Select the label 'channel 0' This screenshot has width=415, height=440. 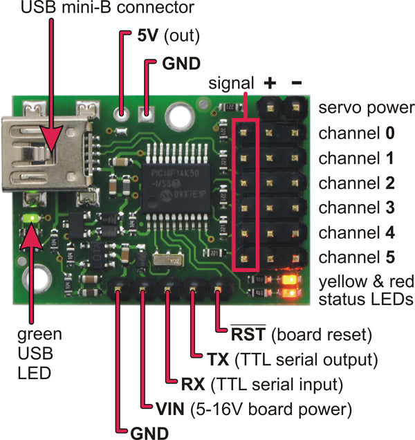[x=356, y=133]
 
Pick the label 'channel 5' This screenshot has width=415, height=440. [x=356, y=257]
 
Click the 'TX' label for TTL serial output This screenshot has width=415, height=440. [x=214, y=360]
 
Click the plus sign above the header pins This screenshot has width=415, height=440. [x=271, y=84]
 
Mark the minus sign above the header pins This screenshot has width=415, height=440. [x=297, y=83]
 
